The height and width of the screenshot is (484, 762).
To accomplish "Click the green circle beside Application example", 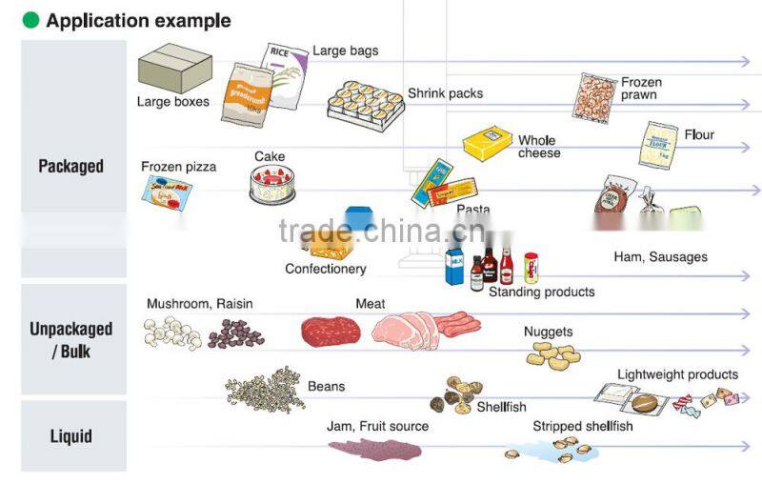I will [x=31, y=20].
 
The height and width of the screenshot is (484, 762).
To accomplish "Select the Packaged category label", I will [x=70, y=166].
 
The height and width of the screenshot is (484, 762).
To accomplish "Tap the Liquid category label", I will [x=70, y=436].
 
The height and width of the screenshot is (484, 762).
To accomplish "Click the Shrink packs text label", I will [x=445, y=93].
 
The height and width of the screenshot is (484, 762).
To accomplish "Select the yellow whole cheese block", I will [x=488, y=144].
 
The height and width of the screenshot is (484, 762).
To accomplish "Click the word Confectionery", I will [x=325, y=269].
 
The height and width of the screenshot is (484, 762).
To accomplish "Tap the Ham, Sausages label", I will [x=660, y=256].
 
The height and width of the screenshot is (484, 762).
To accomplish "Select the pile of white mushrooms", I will [x=171, y=333].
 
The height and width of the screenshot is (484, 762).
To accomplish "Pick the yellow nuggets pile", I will [x=553, y=356].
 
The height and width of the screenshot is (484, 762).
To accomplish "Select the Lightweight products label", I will [x=677, y=374].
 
